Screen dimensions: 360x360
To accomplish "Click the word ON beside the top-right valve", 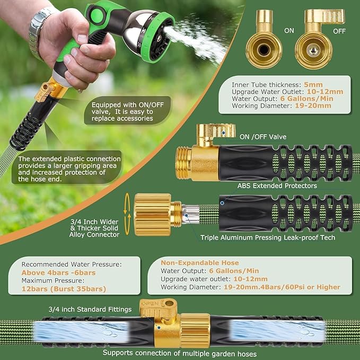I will tap(289, 31).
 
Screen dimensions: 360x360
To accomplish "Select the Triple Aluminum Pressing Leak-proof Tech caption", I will tap(268, 238).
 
